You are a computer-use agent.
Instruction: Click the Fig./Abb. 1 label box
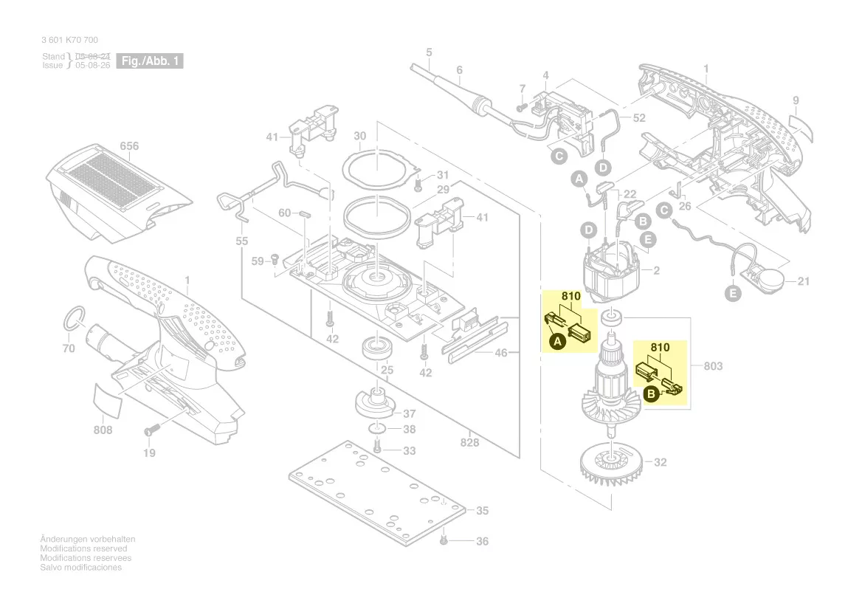point(150,61)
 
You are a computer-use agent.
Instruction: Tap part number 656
point(129,146)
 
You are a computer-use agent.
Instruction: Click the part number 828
point(469,442)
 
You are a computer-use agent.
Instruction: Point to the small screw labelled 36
point(444,540)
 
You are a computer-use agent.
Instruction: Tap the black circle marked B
point(652,395)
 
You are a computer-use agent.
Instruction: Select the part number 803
point(713,366)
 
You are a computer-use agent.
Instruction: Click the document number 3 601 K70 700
point(70,40)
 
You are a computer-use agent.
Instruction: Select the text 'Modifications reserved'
point(83,549)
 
